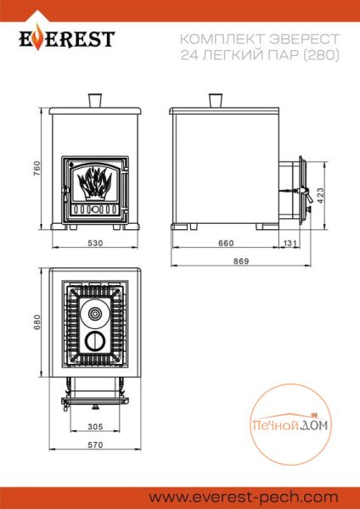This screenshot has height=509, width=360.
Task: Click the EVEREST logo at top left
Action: tap(66, 39)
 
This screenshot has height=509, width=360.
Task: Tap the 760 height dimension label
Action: tap(37, 169)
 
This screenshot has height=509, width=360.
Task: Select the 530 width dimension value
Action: tap(95, 243)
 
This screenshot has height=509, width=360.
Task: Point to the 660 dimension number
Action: tap(226, 243)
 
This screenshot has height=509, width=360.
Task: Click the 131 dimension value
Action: tap(290, 243)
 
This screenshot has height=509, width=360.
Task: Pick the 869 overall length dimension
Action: tap(241, 261)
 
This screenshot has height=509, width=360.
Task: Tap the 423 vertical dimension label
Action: tap(320, 196)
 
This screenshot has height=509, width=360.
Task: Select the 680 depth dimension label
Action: tap(37, 322)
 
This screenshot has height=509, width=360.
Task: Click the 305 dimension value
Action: tap(95, 427)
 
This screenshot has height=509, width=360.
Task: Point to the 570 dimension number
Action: tap(95, 445)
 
